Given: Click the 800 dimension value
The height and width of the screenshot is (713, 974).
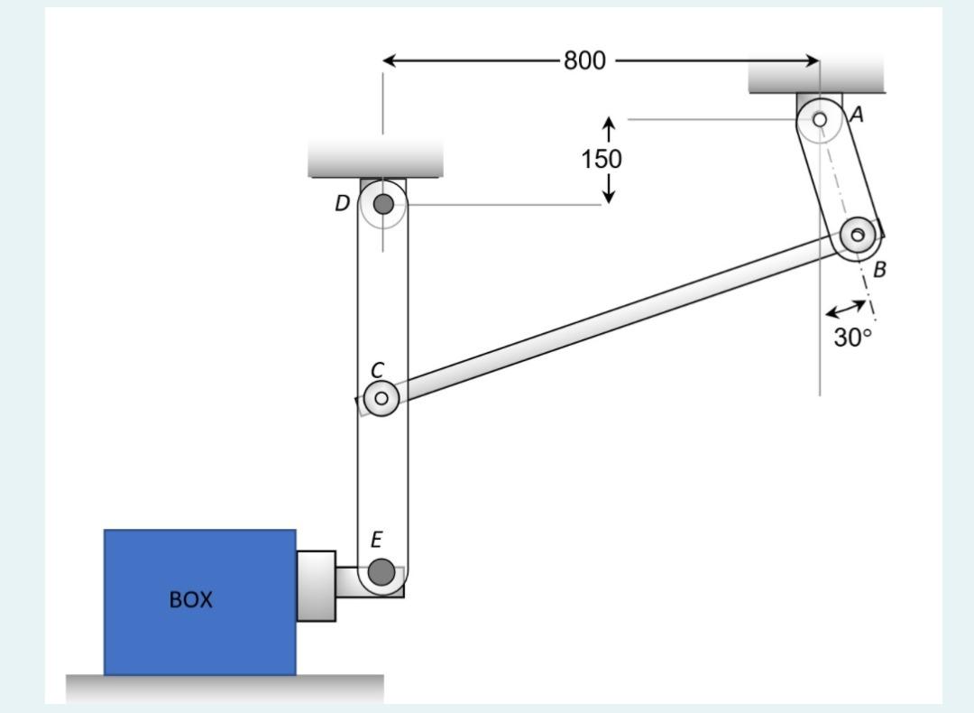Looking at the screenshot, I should coord(584,61).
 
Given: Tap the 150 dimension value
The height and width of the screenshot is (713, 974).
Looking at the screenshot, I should coord(601,160).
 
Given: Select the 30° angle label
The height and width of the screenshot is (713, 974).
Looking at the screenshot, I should coord(852,338).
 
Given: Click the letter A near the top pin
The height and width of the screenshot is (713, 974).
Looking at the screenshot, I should coord(857,115).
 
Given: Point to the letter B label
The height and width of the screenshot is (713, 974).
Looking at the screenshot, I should coord(879,269).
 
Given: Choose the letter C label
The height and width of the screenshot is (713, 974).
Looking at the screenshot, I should coord(378,370).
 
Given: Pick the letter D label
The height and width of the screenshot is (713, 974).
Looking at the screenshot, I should coord(342,204).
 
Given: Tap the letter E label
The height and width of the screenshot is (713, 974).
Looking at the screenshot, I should coord(376,540).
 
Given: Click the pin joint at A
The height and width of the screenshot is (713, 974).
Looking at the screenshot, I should coord(820,119).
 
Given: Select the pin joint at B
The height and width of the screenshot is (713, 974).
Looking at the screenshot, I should coord(858,236).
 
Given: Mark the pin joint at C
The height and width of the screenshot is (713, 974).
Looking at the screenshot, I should coord(381,398).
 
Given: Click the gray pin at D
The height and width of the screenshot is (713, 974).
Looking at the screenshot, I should coord(383,204).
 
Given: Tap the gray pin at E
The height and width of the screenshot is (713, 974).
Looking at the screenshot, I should coord(381,571).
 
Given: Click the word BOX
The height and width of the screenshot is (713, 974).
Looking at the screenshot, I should coord(191,600).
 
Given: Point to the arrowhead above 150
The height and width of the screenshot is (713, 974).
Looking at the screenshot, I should coord(610,124).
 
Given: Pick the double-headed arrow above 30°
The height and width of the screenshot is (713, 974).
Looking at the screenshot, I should coord(846,310).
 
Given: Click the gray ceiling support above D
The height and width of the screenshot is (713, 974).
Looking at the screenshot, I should coord(375,158).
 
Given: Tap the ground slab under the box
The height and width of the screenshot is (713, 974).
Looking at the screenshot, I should coord(225,688).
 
